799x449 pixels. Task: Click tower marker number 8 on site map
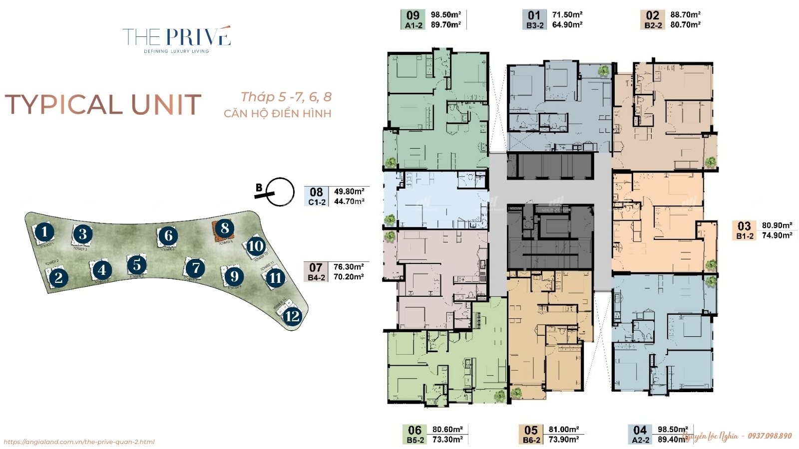pos(225,228)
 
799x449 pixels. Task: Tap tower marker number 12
pos(292,316)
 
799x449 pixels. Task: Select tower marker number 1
pos(45,232)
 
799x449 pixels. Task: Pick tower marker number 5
pos(137,265)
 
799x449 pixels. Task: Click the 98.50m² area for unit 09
pos(445,15)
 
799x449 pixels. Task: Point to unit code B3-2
pos(535,25)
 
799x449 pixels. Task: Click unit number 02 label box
pos(652,15)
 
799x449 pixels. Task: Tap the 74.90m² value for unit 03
pos(777,235)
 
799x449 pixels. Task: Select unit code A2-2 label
pos(641,440)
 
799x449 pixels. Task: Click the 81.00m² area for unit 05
pos(564,430)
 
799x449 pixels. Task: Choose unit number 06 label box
pos(414,430)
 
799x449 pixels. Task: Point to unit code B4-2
pos(317,277)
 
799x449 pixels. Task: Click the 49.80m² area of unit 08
pos(349,192)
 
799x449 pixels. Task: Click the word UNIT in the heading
pos(166,105)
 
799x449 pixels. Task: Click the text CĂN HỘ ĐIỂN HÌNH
pos(277,114)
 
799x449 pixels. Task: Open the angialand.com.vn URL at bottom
pos(79,442)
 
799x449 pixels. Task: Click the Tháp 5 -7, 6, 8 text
pos(286,97)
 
